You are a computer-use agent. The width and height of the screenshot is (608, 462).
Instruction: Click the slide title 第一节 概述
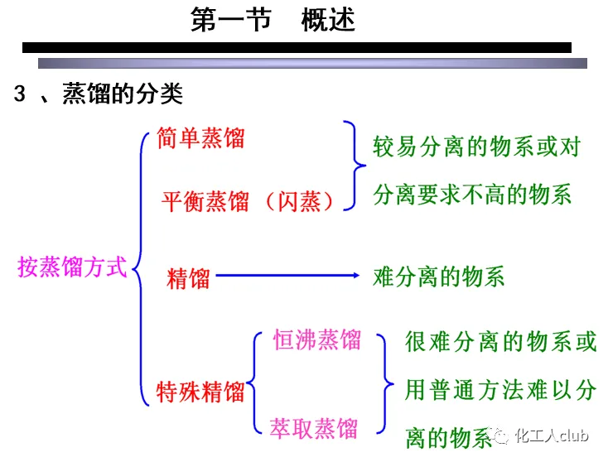(x=273, y=20)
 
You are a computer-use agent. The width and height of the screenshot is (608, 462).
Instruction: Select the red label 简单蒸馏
(x=201, y=137)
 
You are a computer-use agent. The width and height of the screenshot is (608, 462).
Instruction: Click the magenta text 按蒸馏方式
(x=73, y=267)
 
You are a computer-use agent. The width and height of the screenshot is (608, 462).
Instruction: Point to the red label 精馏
(x=188, y=278)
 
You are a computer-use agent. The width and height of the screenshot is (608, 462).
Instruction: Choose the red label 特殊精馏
(x=201, y=391)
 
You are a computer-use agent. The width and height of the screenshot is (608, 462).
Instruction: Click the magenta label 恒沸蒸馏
(x=317, y=339)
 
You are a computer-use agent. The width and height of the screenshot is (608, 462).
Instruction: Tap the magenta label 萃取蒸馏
(x=315, y=428)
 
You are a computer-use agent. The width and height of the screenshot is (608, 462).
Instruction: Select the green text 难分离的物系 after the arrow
(x=439, y=277)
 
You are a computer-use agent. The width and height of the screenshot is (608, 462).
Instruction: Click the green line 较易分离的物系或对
(x=476, y=147)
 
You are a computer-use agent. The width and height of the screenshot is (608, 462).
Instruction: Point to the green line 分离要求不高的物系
(x=472, y=195)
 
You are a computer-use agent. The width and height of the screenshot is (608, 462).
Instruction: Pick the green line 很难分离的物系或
(x=500, y=341)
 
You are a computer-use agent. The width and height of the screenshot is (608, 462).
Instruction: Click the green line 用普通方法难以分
(x=500, y=389)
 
